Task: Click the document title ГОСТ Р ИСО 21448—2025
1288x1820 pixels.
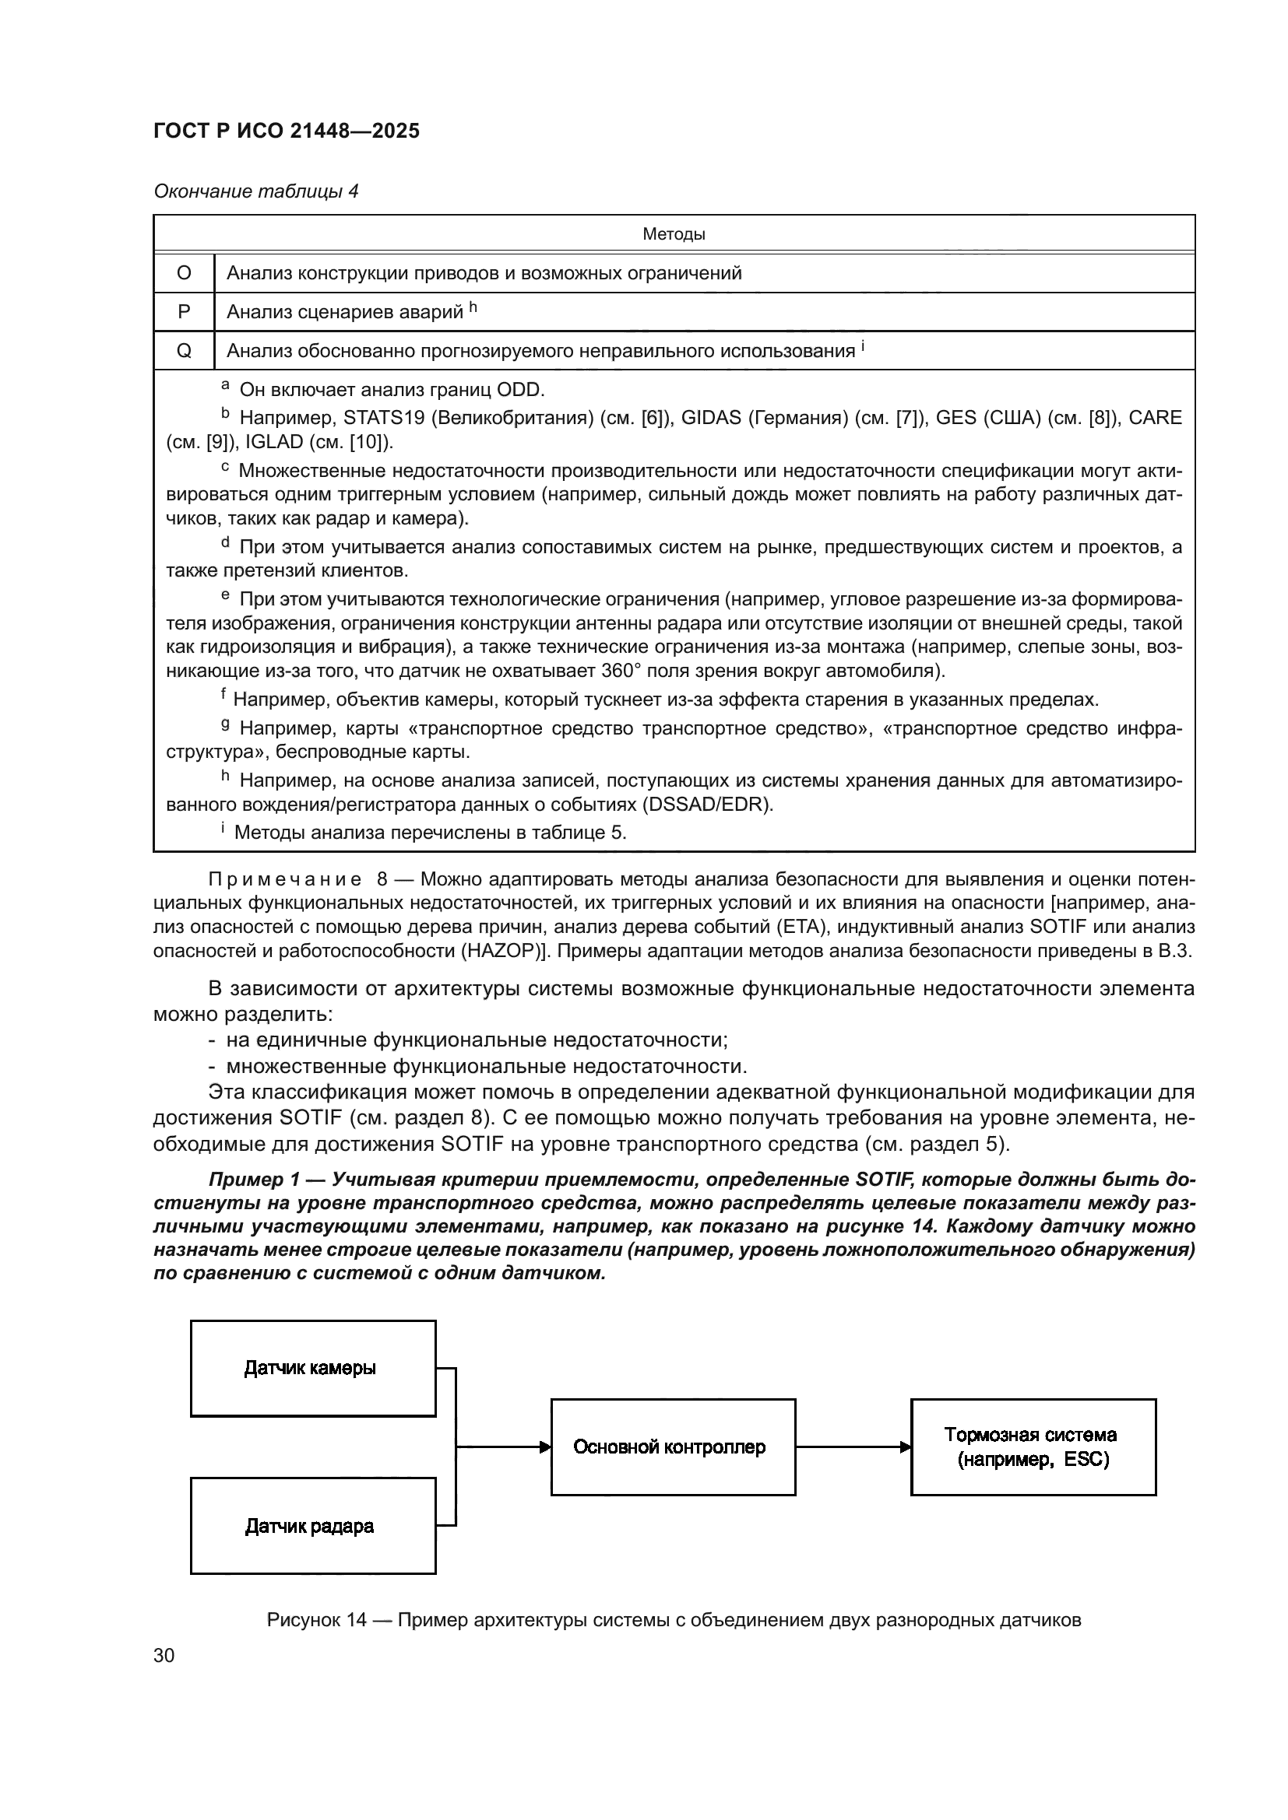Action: (x=287, y=131)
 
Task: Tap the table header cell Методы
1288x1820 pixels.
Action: (x=674, y=234)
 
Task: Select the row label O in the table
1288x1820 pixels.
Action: (x=184, y=273)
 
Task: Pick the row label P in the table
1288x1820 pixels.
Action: (x=184, y=312)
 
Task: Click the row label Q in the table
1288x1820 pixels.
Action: (x=184, y=351)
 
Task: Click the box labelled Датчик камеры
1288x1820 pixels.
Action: (x=313, y=1368)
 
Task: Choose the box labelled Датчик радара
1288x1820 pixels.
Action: (x=313, y=1526)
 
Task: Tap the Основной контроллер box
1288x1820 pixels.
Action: (x=673, y=1447)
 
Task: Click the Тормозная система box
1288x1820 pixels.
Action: (x=1033, y=1447)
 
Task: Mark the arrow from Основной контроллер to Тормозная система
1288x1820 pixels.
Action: (x=853, y=1447)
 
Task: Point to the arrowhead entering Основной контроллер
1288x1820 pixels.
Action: (x=545, y=1447)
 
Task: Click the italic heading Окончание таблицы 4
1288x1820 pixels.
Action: (x=255, y=191)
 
